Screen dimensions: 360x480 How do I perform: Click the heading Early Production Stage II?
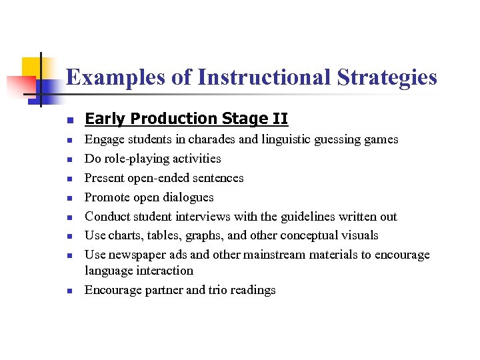coord(186,119)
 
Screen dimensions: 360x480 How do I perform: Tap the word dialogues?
coord(187,197)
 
